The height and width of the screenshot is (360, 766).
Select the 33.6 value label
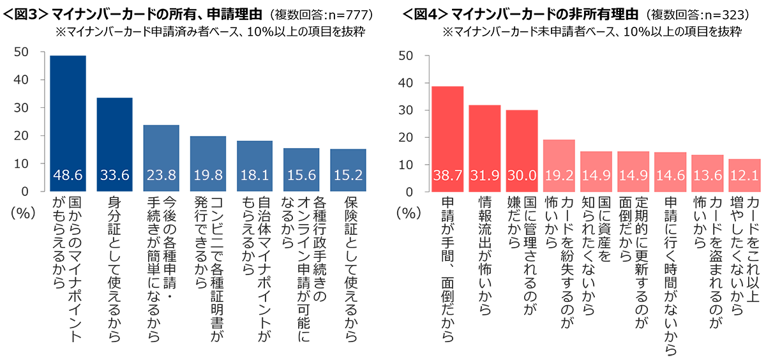(x=115, y=176)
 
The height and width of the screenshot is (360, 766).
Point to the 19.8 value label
(x=208, y=176)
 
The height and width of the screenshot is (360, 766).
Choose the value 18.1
(x=255, y=176)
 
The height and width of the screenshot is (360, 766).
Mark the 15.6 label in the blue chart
(x=301, y=176)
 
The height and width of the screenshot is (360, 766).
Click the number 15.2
(x=348, y=176)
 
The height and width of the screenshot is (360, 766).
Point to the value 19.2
(x=560, y=176)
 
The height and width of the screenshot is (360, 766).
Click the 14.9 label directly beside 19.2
(x=597, y=176)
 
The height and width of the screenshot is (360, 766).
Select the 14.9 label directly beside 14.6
(x=633, y=176)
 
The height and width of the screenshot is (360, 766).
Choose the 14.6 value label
(x=670, y=176)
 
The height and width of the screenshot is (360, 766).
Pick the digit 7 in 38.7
(x=463, y=176)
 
